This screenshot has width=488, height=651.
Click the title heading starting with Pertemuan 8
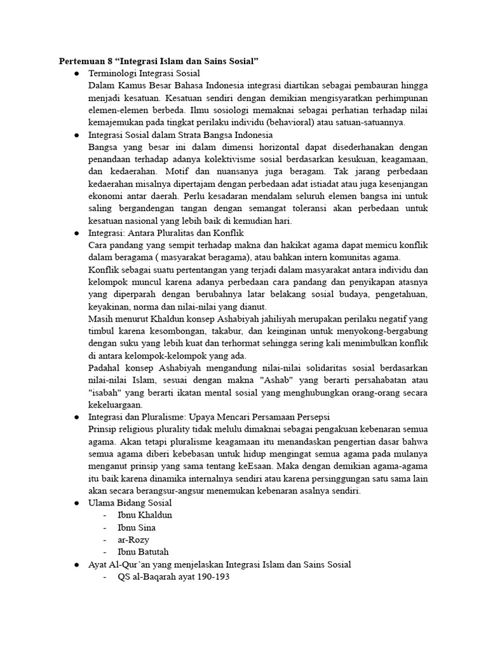click(x=159, y=61)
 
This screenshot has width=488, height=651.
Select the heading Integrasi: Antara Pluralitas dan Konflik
click(x=166, y=233)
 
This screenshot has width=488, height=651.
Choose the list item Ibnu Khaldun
click(x=145, y=515)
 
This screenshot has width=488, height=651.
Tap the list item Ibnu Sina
click(x=137, y=528)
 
